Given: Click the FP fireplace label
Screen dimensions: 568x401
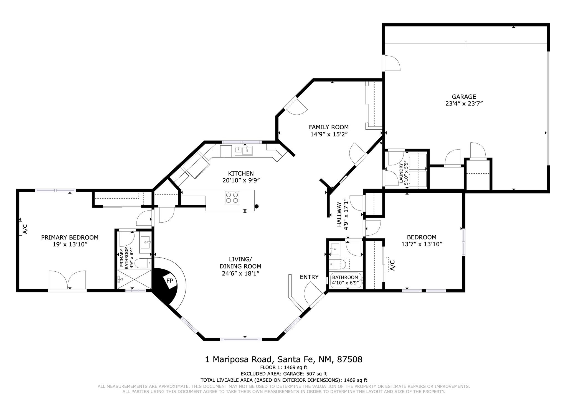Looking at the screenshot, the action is point(170,281).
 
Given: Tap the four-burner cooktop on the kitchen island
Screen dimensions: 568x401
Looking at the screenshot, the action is point(232,198).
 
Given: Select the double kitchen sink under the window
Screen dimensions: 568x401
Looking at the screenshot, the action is point(244,150).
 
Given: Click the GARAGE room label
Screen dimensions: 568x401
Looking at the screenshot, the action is point(464,97).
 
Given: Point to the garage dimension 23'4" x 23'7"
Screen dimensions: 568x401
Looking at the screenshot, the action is point(464,104).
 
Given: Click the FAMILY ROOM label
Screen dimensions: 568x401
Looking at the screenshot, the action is point(329,127).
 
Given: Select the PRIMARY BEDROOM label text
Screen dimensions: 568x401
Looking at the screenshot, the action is point(70,237).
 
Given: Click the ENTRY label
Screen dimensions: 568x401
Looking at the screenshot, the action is point(309,277).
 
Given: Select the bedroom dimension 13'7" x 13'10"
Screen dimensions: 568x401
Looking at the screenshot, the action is point(422,244).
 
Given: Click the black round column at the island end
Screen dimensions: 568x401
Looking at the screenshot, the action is point(257,206).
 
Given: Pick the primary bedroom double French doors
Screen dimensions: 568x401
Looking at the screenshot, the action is point(67,280).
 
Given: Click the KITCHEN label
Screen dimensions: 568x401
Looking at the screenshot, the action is point(241,174).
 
